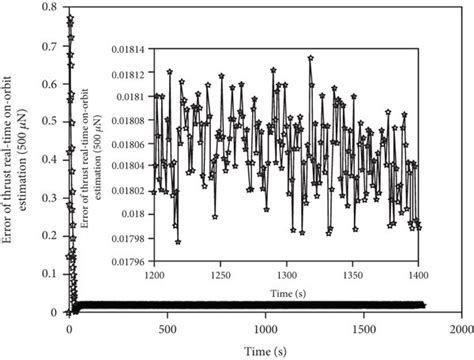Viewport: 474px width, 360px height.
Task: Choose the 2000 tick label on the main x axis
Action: (x=460, y=328)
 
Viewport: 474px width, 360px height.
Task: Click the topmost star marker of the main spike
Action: (x=69, y=18)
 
